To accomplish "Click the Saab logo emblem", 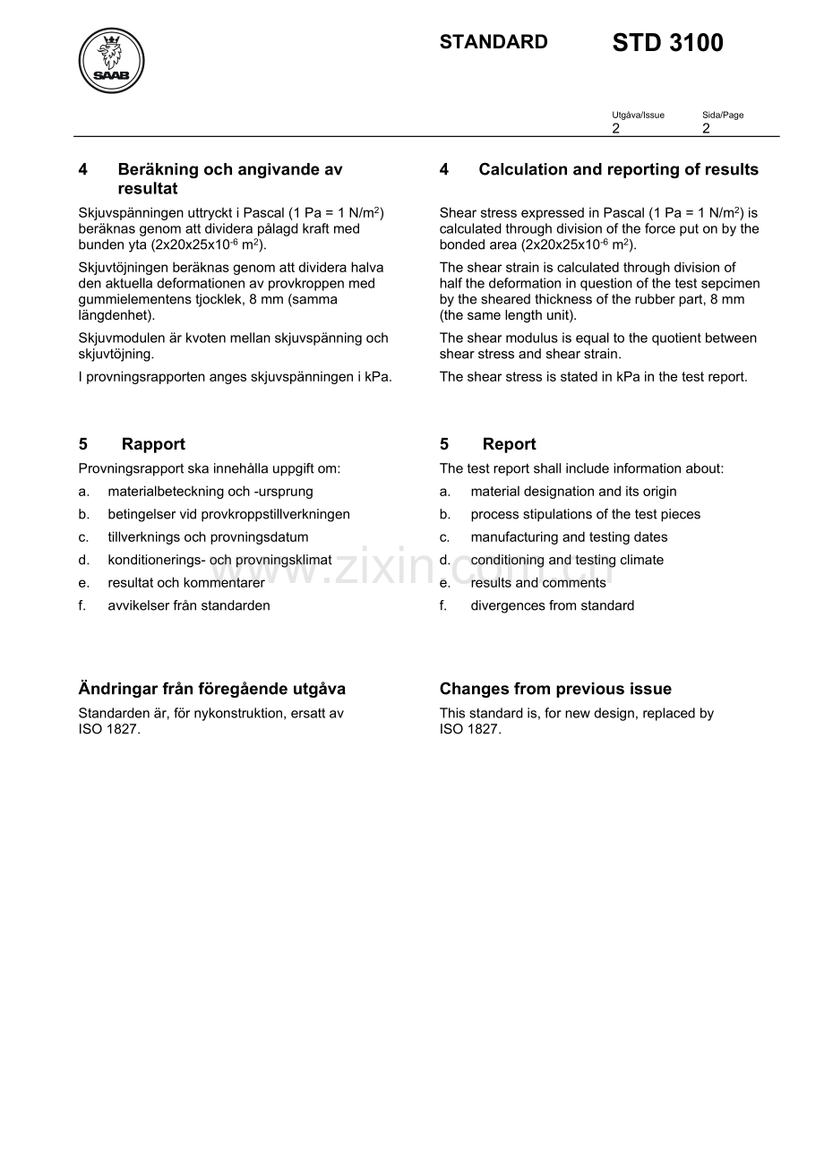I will click(112, 60).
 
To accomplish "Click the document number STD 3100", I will click(667, 43).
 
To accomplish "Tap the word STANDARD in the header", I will click(494, 42).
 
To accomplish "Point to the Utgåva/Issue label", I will click(638, 115).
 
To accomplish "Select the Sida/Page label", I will click(723, 115).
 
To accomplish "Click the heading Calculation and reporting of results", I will click(618, 169).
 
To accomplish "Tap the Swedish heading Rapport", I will click(153, 444).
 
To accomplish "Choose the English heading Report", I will click(509, 444).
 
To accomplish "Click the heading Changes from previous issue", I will click(555, 689).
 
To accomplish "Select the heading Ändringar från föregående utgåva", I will click(212, 689).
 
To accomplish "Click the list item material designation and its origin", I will click(573, 492).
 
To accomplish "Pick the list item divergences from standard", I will click(552, 605).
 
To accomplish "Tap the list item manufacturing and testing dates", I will click(569, 537).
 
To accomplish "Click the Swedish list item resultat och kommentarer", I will click(186, 583).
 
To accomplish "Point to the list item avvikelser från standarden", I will click(189, 605).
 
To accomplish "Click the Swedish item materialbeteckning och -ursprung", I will click(210, 492).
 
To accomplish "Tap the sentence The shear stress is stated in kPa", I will click(593, 377).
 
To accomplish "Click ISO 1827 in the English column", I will click(469, 729).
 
